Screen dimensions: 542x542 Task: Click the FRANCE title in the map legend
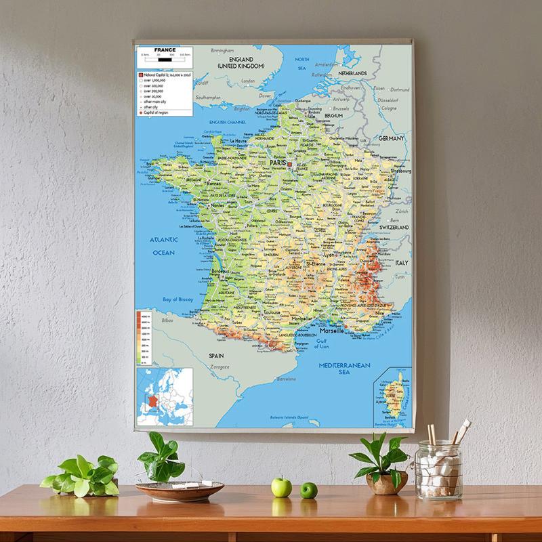[165, 50]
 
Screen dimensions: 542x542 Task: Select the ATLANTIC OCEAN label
[163, 246]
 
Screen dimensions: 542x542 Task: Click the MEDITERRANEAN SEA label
[344, 369]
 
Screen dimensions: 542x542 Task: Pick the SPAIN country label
[216, 355]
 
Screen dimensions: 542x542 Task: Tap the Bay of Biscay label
[178, 299]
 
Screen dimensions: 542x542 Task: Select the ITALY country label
[402, 262]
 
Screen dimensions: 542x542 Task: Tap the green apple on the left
[281, 486]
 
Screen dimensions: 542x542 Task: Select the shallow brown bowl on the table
[180, 491]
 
